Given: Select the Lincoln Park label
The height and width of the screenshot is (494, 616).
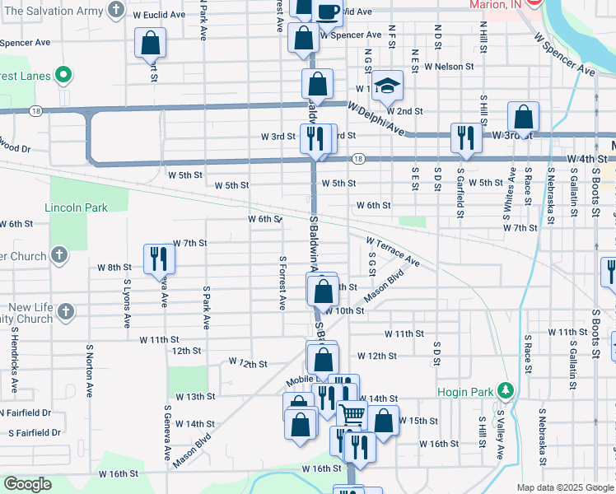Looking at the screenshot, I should (x=76, y=207).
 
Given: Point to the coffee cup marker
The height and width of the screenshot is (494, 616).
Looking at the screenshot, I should (x=327, y=11).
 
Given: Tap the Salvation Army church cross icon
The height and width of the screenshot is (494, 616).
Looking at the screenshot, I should (x=117, y=12).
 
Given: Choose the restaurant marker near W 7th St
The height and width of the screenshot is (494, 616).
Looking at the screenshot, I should (x=157, y=259).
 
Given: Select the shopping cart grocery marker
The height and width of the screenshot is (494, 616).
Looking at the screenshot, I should (x=351, y=414).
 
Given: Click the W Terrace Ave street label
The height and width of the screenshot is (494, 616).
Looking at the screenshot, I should (x=394, y=250).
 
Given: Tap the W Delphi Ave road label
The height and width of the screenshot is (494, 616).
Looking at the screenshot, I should (x=376, y=120).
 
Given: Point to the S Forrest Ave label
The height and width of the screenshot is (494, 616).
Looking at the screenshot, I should (x=282, y=282).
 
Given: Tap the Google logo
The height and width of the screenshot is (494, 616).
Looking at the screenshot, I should (x=28, y=484).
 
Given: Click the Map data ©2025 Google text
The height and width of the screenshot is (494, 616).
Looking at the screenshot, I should (x=564, y=487).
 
